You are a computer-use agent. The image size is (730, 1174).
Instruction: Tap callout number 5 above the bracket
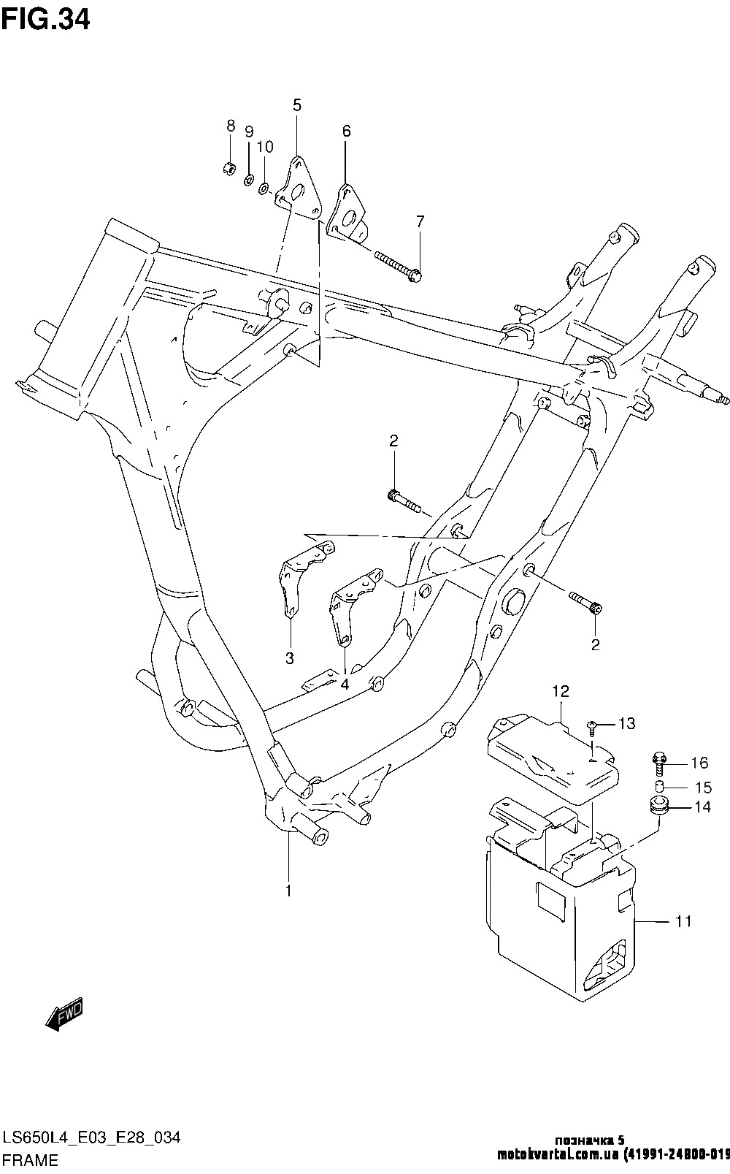[297, 105]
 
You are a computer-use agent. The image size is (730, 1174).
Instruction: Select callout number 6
[347, 131]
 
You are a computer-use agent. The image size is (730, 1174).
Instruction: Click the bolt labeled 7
[399, 265]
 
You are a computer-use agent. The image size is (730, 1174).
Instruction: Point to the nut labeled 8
[228, 168]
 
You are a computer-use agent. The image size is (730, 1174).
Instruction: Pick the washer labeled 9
[249, 181]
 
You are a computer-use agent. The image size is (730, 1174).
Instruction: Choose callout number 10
[266, 148]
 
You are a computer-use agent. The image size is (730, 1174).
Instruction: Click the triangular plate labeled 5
[299, 188]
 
